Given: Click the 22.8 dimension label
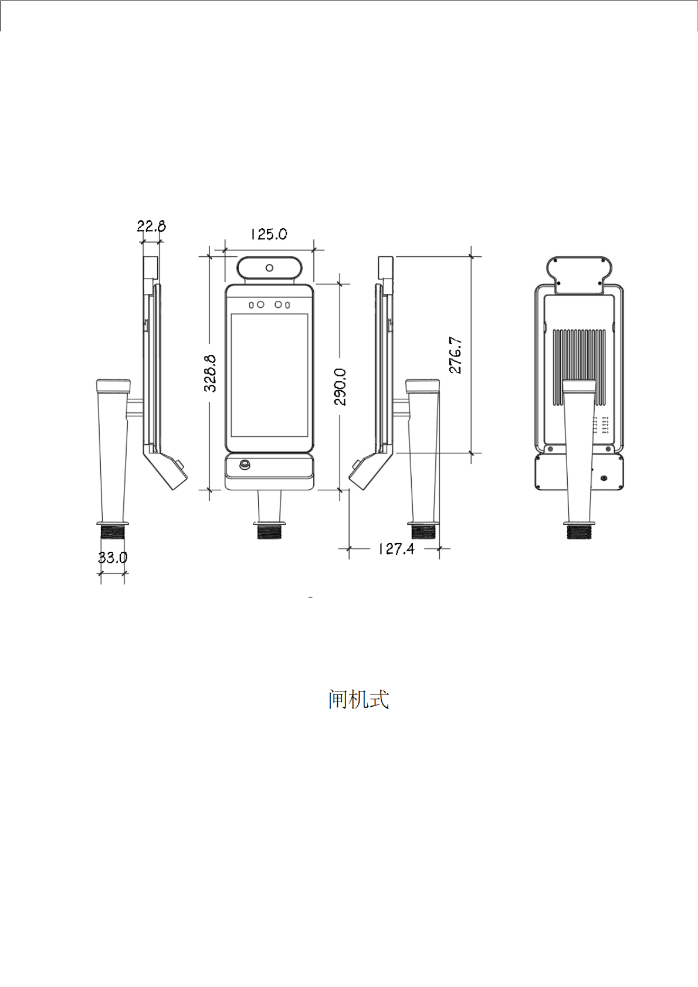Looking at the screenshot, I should pos(151,226).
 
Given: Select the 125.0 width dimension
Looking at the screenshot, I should pos(269,234).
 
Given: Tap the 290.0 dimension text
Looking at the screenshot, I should pos(340,387).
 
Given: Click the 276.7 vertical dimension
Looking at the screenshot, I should pos(456,355).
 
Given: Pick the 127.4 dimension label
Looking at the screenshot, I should pos(396,549).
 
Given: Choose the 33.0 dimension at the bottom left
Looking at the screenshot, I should pos(112,557).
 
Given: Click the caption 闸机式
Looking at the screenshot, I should pos(358,699).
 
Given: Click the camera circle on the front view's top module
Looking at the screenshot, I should pos(269,268).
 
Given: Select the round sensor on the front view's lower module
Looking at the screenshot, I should pos(244,465).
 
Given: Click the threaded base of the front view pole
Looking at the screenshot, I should pos(269,532).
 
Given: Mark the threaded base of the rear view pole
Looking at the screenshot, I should pos(579,532).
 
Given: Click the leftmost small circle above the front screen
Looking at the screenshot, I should pos(252,305).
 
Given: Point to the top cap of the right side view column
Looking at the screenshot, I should pos(422,386).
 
